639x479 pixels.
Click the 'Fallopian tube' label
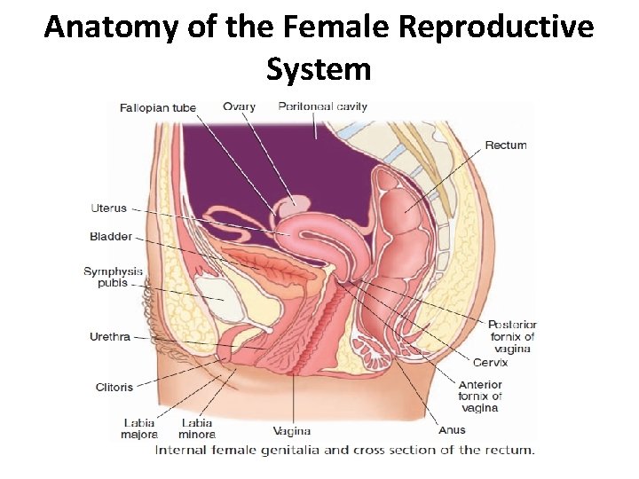coord(157,108)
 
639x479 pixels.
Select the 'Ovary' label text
coord(239,107)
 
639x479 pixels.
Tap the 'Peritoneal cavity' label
coord(322,107)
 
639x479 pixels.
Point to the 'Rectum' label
coord(505,145)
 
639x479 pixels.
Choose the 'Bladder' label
coord(110,237)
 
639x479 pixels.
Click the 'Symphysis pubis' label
coord(113,278)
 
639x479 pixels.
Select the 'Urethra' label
coord(110,337)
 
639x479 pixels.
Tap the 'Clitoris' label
coord(114,387)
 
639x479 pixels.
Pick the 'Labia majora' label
coord(139,428)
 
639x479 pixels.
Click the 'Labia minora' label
coord(198,428)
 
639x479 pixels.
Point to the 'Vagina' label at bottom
coord(291,432)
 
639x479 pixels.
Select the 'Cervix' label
coord(490,363)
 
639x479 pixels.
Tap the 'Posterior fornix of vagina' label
coord(512,337)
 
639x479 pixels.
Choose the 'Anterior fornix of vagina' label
coord(480,397)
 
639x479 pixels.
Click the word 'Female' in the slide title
coord(327,27)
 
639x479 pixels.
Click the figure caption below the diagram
coord(344,450)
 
